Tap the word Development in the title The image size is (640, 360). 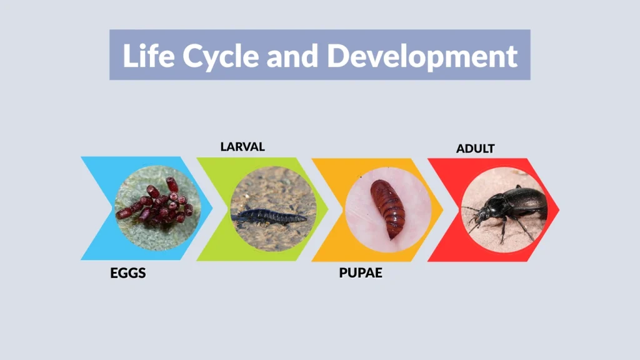click(x=422, y=56)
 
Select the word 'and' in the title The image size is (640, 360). click(x=293, y=56)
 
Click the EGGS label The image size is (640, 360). click(x=128, y=274)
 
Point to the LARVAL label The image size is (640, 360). click(x=242, y=147)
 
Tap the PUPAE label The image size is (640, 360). click(x=361, y=274)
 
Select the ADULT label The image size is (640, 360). click(x=475, y=149)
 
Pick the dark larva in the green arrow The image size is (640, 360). click(x=269, y=216)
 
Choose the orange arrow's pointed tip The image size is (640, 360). click(x=442, y=209)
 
